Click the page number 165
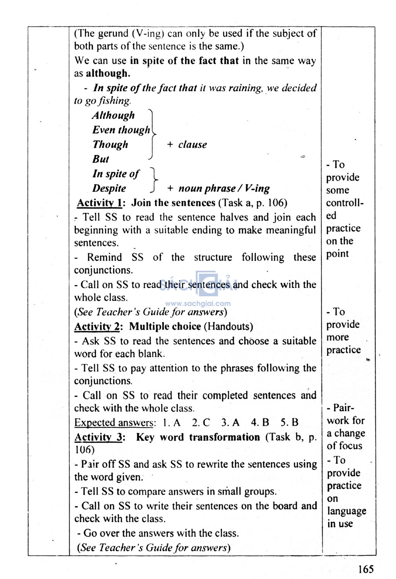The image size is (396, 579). click(365, 569)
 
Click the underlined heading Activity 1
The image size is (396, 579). click(99, 203)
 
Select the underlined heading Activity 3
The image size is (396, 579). click(99, 437)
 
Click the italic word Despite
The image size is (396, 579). click(109, 189)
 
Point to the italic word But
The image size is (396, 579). click(101, 159)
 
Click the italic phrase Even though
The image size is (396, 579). click(121, 130)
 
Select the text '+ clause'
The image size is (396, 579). click(187, 145)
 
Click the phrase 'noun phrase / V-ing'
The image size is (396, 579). click(224, 189)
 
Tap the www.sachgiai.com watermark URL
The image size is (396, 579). click(198, 304)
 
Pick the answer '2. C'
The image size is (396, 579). click(201, 423)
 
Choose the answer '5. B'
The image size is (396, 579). click(289, 423)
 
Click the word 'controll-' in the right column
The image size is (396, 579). click(345, 203)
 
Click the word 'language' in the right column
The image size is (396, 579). click(346, 511)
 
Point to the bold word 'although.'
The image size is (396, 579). click(108, 74)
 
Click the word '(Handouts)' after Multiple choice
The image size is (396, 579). click(228, 326)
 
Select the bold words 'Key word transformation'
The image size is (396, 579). click(198, 437)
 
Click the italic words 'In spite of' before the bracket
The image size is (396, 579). click(116, 174)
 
